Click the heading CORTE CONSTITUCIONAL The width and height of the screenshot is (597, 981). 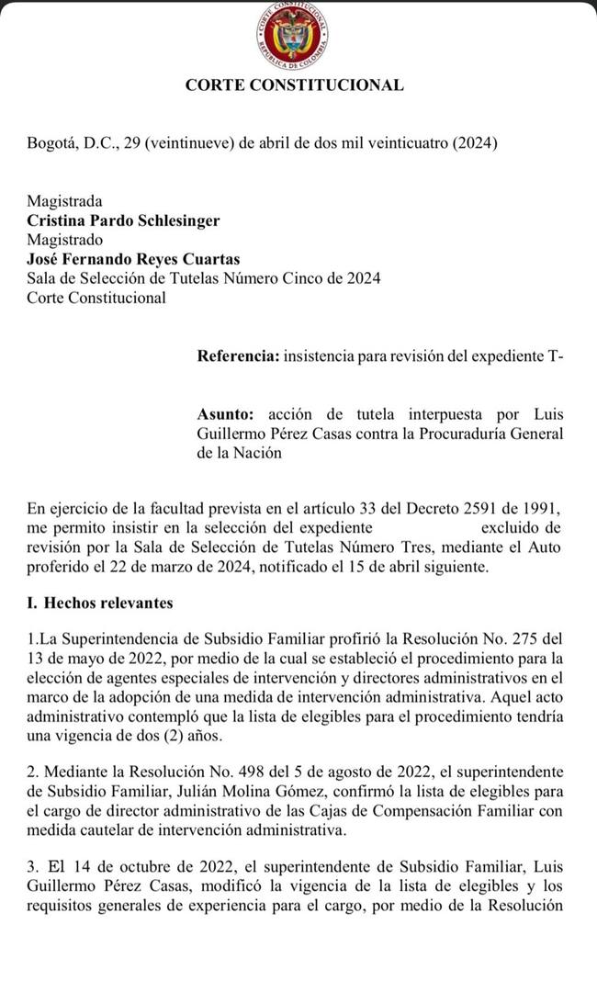(294, 85)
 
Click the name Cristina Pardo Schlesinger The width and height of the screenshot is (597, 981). (123, 220)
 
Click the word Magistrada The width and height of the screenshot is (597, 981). (64, 201)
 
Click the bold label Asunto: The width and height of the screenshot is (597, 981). (225, 414)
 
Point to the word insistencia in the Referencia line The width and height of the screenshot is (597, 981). (322, 356)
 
